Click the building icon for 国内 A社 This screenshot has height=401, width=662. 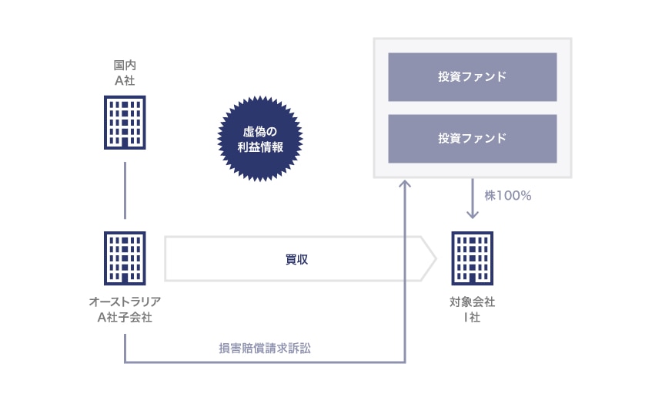coord(125,122)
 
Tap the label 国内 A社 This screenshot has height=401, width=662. coord(125,72)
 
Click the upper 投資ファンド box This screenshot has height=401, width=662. coord(472,77)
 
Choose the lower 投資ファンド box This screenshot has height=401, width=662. coord(472,139)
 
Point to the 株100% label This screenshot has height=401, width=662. coord(508,196)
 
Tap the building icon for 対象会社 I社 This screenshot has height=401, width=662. coord(472,258)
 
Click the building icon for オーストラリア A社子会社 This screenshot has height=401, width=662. coord(125,258)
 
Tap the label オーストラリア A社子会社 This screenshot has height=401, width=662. coord(125,309)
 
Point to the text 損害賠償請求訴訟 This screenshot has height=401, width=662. coord(265,349)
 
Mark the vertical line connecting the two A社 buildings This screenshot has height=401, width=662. coord(125,190)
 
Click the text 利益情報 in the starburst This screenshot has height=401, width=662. coord(261,147)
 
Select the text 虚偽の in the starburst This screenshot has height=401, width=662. coord(261,131)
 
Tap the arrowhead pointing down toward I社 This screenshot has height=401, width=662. coord(473,214)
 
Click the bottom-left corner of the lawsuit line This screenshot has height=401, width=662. coord(125,361)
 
